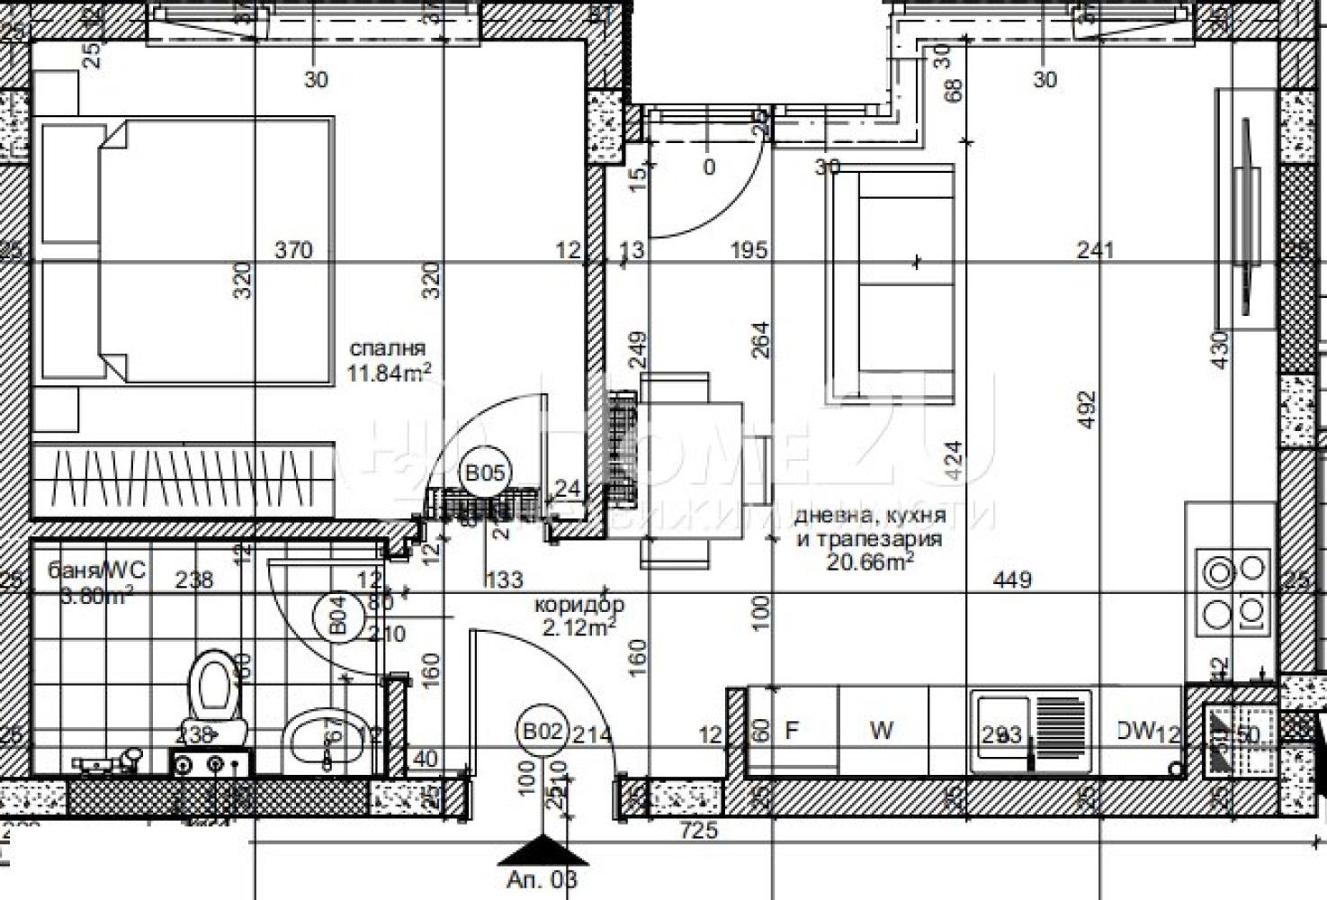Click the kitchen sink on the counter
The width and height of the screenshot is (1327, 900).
[1030, 732]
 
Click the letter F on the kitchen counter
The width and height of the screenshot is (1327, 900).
[792, 731]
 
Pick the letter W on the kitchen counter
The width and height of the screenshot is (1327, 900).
[882, 731]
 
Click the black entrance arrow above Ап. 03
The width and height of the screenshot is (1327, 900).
[542, 850]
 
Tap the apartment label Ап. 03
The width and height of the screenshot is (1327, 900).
[542, 879]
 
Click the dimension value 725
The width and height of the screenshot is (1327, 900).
[699, 830]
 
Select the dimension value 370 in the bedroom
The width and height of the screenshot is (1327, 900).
[293, 249]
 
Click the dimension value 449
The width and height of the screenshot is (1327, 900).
[1012, 580]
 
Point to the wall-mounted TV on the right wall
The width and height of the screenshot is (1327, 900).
[1246, 216]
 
